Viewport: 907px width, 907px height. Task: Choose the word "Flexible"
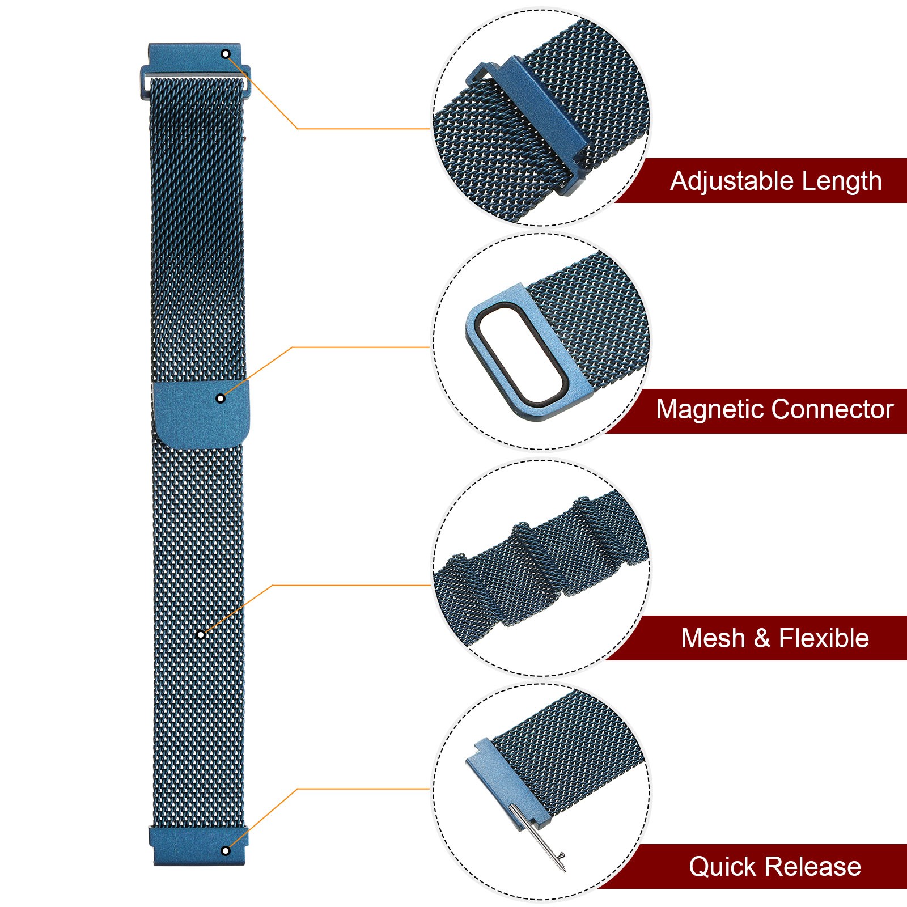(824, 638)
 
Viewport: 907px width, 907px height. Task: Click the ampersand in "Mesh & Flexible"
(762, 639)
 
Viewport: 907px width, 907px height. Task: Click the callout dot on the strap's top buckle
(226, 54)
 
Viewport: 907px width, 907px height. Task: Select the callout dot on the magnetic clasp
(221, 399)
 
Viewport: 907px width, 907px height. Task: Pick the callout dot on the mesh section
(200, 634)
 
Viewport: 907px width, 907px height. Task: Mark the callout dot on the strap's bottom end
(225, 850)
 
